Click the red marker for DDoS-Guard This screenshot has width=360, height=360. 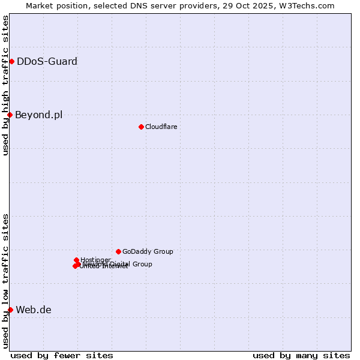point(11,61)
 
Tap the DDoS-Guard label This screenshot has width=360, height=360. point(47,61)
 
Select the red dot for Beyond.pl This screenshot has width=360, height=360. point(10,115)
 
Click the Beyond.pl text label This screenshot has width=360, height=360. point(38,115)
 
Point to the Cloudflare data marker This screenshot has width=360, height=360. point(141,127)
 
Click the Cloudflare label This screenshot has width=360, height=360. point(161,127)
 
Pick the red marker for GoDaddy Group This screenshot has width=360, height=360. point(118,251)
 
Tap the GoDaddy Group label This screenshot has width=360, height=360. point(148,251)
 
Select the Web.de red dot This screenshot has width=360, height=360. point(10,310)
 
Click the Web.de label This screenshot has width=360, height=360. point(34,310)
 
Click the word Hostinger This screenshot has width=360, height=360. point(95,260)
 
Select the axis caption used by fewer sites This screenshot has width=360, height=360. point(62,355)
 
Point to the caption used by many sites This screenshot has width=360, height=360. point(301,355)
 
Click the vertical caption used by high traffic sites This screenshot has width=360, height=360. point(5,85)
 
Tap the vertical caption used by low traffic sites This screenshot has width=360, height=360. point(5,280)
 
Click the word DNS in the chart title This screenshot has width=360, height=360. point(137,5)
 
